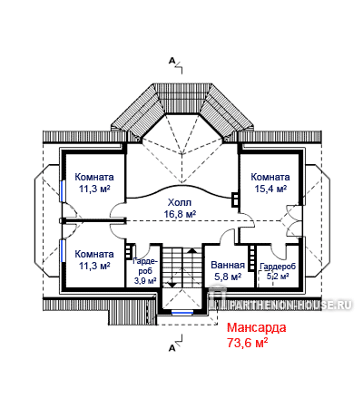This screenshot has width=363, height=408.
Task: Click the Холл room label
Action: (180, 202)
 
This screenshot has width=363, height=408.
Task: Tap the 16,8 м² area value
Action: (180, 214)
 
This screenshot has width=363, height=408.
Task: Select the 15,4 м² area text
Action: (270, 189)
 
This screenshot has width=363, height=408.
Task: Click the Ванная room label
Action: (228, 265)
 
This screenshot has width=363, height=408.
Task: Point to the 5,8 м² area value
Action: (228, 277)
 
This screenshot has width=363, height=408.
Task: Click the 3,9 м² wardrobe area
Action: (145, 280)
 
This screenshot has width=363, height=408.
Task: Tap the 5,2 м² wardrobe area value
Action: (278, 276)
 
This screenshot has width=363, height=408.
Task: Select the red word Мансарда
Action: (257, 327)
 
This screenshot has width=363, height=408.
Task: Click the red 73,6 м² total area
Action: (248, 343)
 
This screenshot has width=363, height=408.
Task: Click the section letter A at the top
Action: (172, 61)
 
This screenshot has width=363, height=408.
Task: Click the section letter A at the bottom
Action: (172, 348)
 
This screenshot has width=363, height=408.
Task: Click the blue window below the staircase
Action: (182, 312)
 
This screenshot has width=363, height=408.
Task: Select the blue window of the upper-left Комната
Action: (63, 190)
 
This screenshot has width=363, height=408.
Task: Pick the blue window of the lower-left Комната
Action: (63, 250)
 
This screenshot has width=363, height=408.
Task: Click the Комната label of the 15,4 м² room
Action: (270, 177)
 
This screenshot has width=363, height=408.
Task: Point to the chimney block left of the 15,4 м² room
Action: (235, 199)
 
